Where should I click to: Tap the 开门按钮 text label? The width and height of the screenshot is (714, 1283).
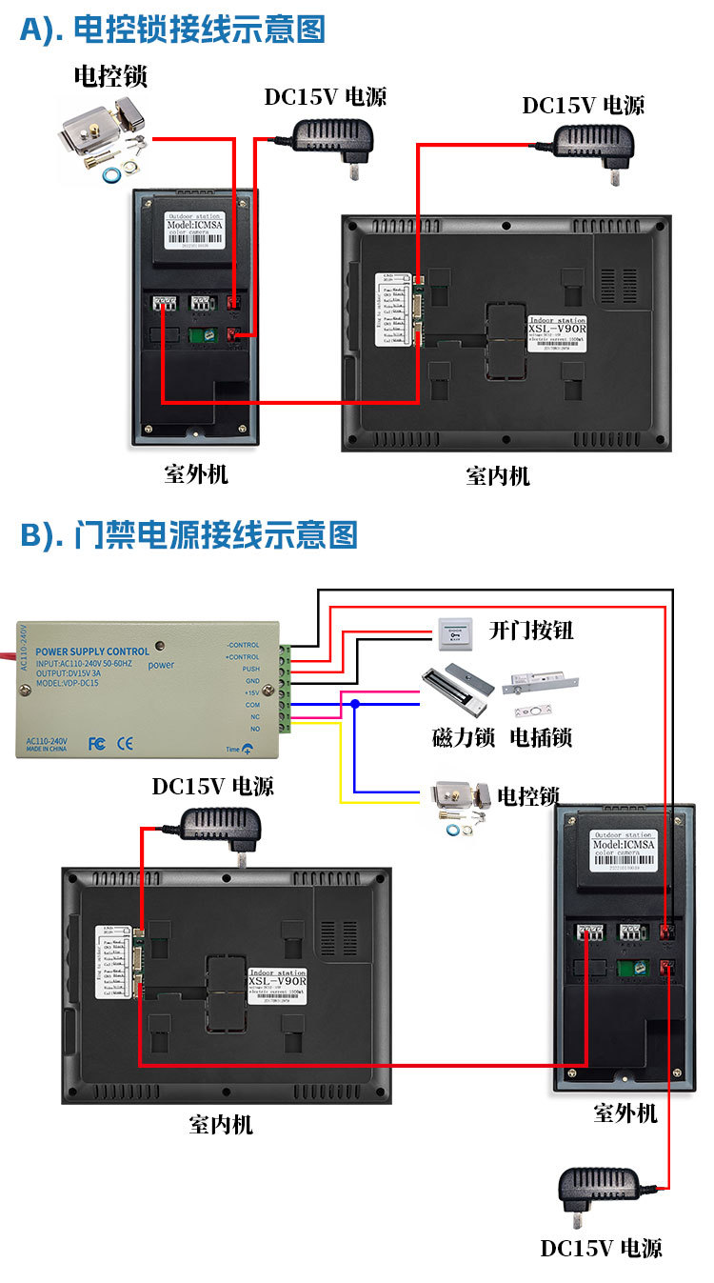coord(531,631)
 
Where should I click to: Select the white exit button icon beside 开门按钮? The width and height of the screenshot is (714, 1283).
coord(454,630)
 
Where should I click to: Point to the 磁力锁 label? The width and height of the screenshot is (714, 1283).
coord(463,736)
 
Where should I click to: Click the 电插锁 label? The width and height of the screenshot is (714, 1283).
coord(541,736)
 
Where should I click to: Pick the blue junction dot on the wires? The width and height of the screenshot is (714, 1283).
coord(354,704)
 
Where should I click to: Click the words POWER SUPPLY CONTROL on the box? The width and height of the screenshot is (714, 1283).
coord(91,652)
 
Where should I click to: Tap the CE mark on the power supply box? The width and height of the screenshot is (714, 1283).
coord(124,743)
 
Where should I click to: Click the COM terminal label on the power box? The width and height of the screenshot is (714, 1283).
coord(251,704)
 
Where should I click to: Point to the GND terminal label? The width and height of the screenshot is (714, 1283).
coord(251,681)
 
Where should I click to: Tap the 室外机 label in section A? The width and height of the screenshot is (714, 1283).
coord(196,473)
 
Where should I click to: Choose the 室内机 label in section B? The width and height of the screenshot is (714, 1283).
coord(221,1124)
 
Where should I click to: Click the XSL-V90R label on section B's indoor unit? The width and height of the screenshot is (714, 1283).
coord(276,981)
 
